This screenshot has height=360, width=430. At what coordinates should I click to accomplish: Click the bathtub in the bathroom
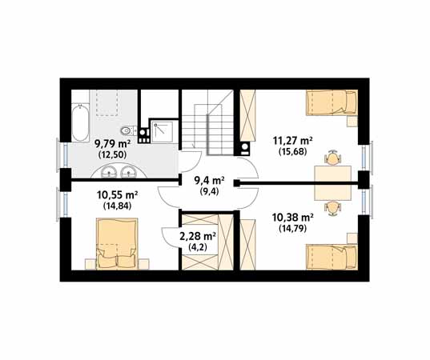[80, 122]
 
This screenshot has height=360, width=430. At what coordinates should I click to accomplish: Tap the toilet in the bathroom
[129, 130]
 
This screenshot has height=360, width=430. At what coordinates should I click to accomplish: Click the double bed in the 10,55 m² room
[117, 243]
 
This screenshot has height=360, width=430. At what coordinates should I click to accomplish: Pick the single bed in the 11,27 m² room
[332, 102]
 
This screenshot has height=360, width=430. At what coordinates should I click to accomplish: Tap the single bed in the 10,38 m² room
[332, 257]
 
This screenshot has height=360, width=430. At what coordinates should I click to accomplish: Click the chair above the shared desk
[332, 158]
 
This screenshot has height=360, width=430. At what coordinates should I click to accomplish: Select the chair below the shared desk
[332, 209]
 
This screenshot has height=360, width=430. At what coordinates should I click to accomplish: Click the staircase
[207, 122]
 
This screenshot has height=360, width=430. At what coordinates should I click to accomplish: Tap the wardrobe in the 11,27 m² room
[247, 115]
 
